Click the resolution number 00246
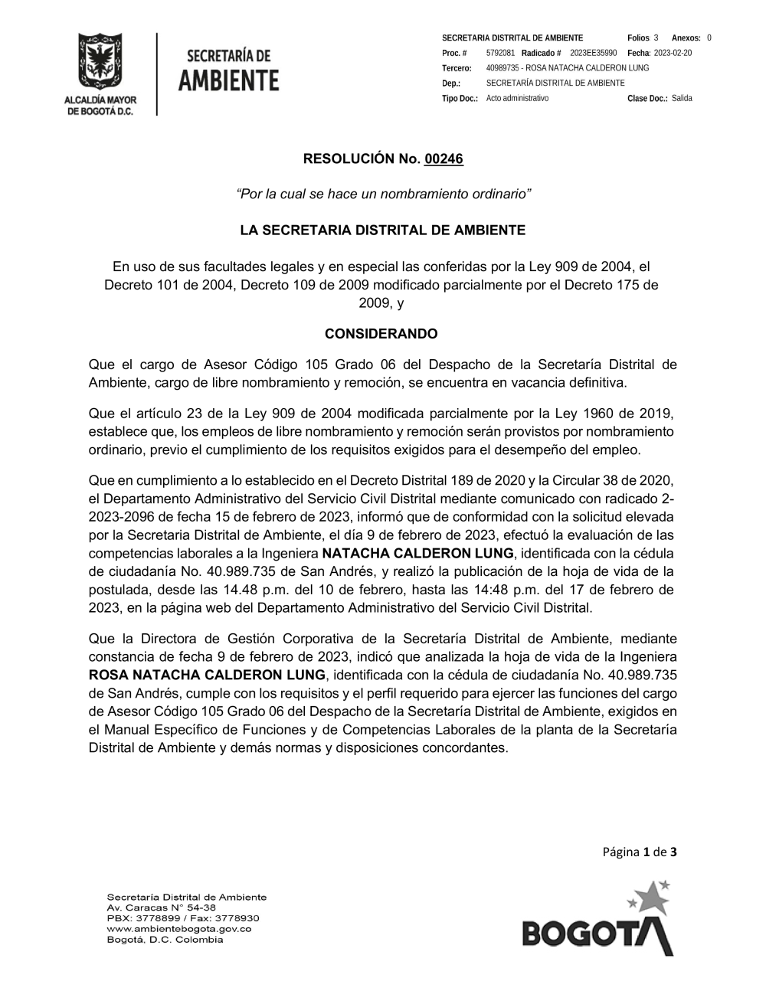point(444,159)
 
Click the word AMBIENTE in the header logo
point(228,80)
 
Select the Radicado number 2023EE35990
point(594,53)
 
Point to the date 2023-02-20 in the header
point(673,53)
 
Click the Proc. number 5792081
point(500,53)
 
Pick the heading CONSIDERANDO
point(381,334)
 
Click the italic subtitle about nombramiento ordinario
point(384,194)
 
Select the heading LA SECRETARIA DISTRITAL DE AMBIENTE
point(383,230)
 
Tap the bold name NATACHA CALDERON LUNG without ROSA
point(417,553)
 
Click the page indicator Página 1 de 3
point(639,852)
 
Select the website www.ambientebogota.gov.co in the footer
point(178,929)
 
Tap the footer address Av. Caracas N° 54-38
point(162,908)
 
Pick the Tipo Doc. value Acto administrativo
point(517,99)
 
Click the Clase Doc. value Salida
point(682,99)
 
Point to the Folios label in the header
point(638,38)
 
